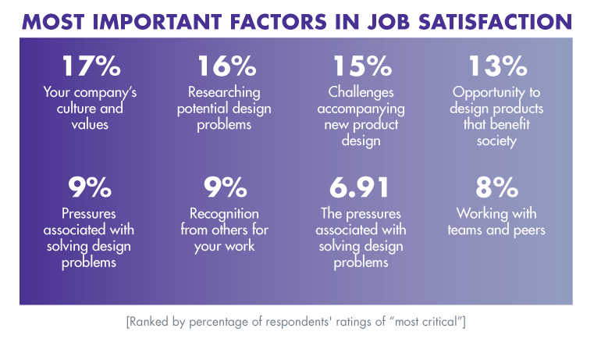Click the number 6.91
(361, 190)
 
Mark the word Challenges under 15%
(361, 93)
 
